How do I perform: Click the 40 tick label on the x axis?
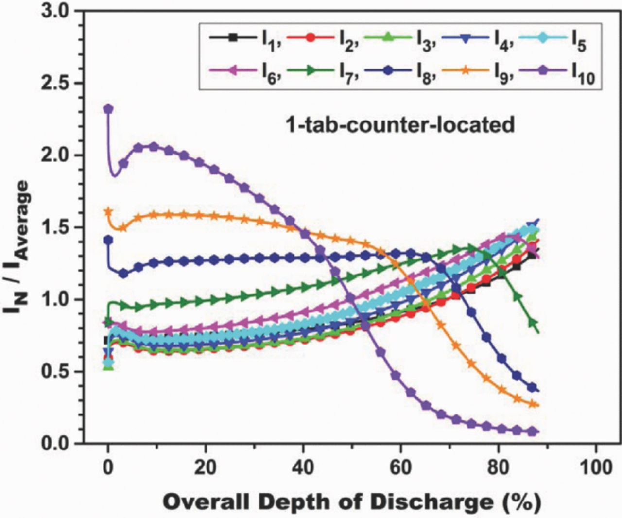pyautogui.click(x=303, y=467)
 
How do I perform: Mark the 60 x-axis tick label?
pyautogui.click(x=401, y=467)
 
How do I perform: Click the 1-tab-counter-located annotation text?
pyautogui.click(x=399, y=125)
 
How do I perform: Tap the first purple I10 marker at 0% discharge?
pyautogui.click(x=108, y=109)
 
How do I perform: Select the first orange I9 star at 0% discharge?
pyautogui.click(x=108, y=212)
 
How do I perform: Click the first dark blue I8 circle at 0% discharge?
pyautogui.click(x=108, y=240)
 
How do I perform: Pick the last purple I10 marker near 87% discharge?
pyautogui.click(x=533, y=432)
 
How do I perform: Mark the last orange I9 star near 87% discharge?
pyautogui.click(x=533, y=404)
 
